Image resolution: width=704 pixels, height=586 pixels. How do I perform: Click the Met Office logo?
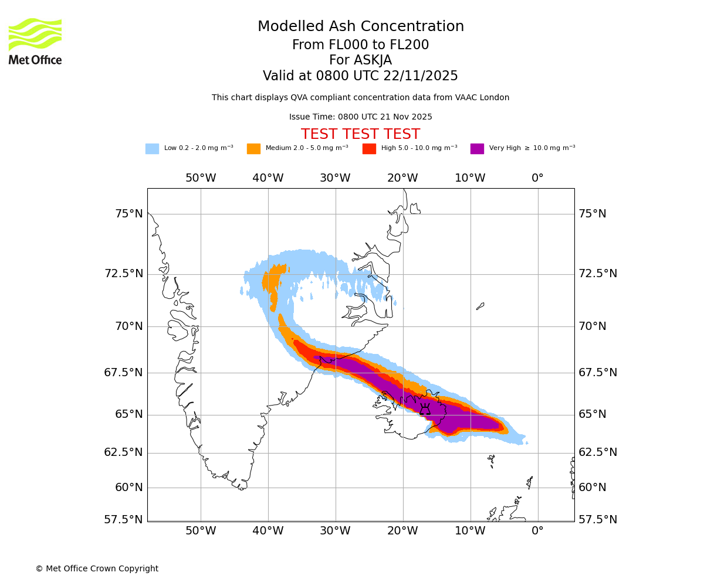coord(35,41)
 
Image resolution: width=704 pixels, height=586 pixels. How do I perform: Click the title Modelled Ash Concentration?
coord(360,27)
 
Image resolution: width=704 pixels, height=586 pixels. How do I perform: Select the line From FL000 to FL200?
coord(360,45)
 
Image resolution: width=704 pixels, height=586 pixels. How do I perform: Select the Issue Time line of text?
coord(360,117)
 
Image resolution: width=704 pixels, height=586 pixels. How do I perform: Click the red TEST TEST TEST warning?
coord(360,135)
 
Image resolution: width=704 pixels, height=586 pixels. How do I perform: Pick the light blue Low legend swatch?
coord(152,149)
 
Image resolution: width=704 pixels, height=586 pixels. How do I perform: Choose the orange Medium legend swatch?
coord(253,149)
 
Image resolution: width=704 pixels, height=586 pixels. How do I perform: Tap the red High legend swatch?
coord(369,149)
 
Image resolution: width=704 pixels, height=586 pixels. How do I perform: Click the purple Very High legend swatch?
coord(477,149)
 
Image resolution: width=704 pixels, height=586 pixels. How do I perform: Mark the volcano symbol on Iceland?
coord(425,409)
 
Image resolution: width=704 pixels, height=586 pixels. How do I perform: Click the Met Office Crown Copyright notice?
coord(97,569)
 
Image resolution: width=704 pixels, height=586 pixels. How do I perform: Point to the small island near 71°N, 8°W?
coord(480,306)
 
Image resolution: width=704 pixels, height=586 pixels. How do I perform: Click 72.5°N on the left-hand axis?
coord(123,274)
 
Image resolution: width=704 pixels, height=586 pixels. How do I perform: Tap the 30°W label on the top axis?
coord(335,178)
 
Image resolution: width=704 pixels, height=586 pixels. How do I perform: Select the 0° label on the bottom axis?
coord(537,531)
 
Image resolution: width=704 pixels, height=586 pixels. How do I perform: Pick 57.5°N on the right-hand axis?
coord(598,520)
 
